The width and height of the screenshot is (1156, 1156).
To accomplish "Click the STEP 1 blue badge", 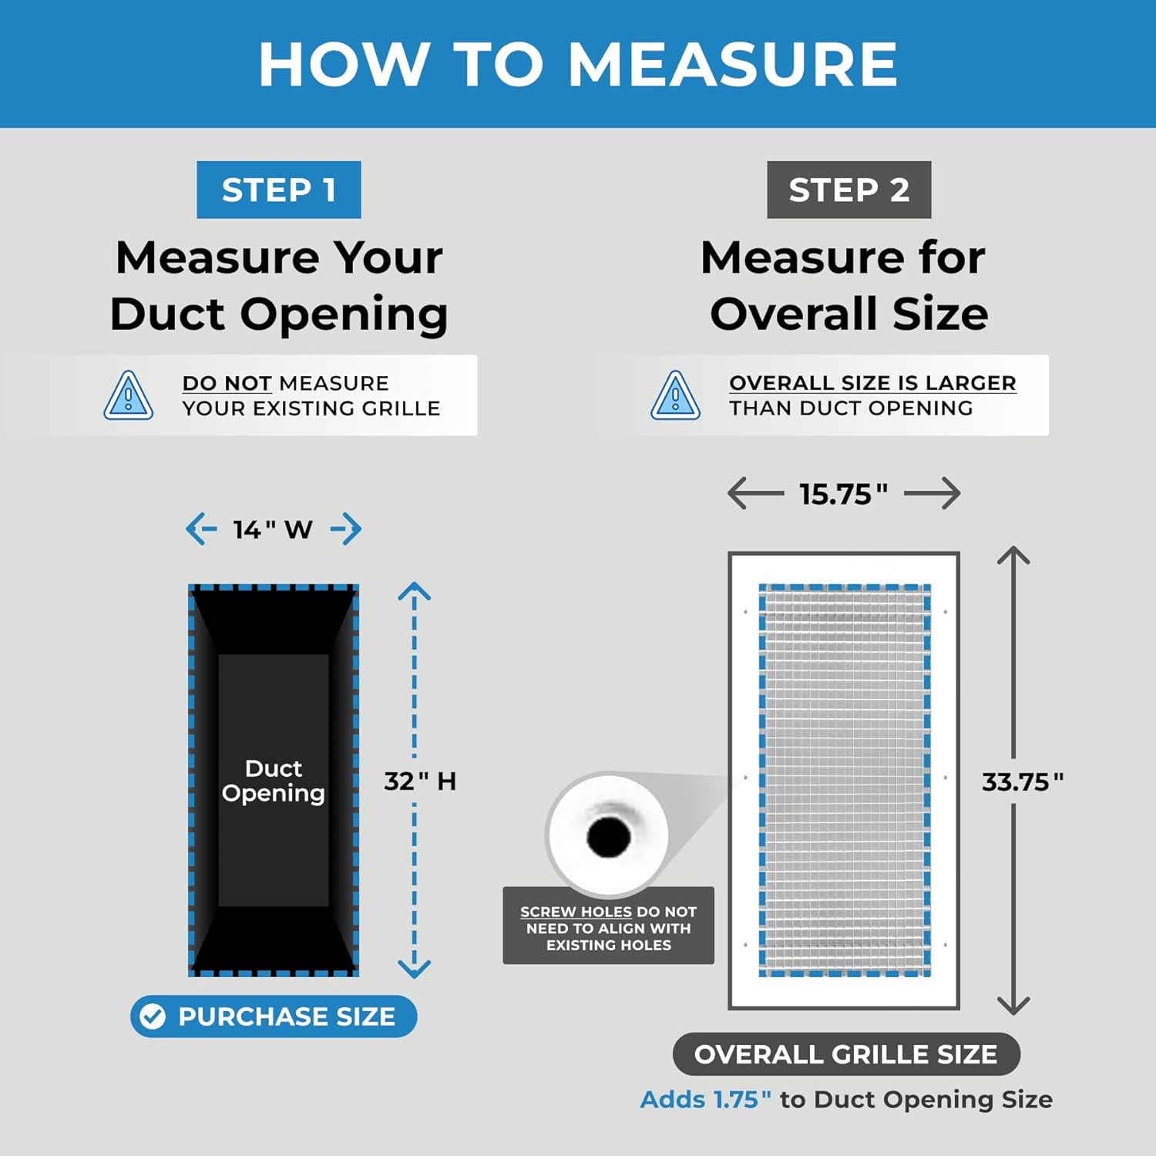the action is [x=279, y=190].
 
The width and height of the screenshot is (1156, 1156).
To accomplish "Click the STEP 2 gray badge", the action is [x=849, y=190].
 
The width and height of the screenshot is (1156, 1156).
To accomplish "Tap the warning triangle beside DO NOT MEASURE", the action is [x=129, y=395].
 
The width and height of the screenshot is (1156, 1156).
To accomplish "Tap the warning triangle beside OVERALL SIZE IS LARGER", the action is [x=676, y=395].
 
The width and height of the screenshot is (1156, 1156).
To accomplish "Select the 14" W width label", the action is [x=273, y=529].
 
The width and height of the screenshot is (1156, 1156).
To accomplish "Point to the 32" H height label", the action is [x=420, y=781].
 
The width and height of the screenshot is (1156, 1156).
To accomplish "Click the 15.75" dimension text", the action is [x=843, y=494].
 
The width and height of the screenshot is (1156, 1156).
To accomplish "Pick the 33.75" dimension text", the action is [x=1023, y=782].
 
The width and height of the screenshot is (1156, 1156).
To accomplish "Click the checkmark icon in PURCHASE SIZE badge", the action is [x=153, y=1017].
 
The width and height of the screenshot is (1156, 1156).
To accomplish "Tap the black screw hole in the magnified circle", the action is [x=609, y=837].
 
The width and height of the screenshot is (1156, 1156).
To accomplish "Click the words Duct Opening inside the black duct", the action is [x=274, y=781].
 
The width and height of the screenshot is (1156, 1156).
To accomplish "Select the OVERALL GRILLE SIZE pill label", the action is [x=846, y=1054].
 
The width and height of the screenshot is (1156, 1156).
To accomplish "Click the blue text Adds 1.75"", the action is [x=706, y=1099].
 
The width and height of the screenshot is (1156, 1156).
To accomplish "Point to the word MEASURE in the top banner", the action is [x=733, y=64].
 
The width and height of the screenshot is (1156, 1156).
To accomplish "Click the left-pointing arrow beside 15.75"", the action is [x=756, y=493].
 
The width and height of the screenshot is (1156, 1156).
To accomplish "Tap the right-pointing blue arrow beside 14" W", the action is [x=346, y=529].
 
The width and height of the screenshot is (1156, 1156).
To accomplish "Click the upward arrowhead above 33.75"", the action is [x=1013, y=555].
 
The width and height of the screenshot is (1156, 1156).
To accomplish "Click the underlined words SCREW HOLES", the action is [x=576, y=912].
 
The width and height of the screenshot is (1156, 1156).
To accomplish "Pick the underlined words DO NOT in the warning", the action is [x=227, y=383].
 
